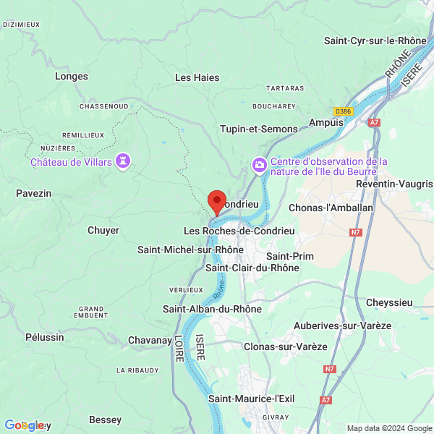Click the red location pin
click(x=217, y=202)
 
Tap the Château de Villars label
click(x=71, y=162)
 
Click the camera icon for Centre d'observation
click(x=259, y=166)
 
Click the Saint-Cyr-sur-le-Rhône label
click(x=375, y=41)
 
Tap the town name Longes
click(x=72, y=76)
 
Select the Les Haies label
click(x=193, y=77)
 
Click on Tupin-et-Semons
click(x=259, y=129)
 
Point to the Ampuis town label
click(x=326, y=122)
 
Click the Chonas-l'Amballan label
click(x=331, y=208)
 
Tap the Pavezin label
click(x=34, y=193)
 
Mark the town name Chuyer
click(x=103, y=230)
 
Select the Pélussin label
click(x=44, y=337)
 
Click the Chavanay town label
click(x=149, y=340)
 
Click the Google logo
click(x=23, y=425)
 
